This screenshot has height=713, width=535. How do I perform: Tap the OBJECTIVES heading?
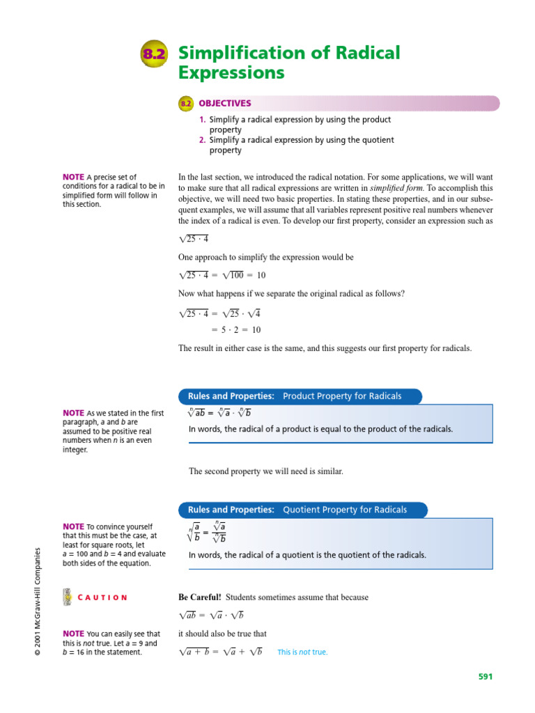pyautogui.click(x=224, y=104)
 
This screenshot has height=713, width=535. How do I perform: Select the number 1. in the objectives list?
pyautogui.click(x=203, y=120)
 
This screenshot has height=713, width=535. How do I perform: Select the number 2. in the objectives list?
pyautogui.click(x=203, y=140)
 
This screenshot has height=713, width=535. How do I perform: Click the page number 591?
pyautogui.click(x=485, y=676)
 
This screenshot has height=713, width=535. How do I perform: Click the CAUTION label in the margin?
pyautogui.click(x=102, y=597)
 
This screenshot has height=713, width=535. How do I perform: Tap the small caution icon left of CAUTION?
pyautogui.click(x=67, y=597)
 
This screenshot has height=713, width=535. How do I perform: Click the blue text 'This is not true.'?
pyautogui.click(x=302, y=652)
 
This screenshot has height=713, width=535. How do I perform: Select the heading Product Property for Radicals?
pyautogui.click(x=341, y=396)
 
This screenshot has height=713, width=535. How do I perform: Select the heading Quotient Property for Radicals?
pyautogui.click(x=344, y=510)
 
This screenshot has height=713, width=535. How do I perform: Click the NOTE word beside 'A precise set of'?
pyautogui.click(x=74, y=177)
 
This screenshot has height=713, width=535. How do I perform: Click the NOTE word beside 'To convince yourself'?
pyautogui.click(x=74, y=527)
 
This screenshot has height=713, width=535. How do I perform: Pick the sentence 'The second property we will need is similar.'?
pyautogui.click(x=266, y=471)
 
